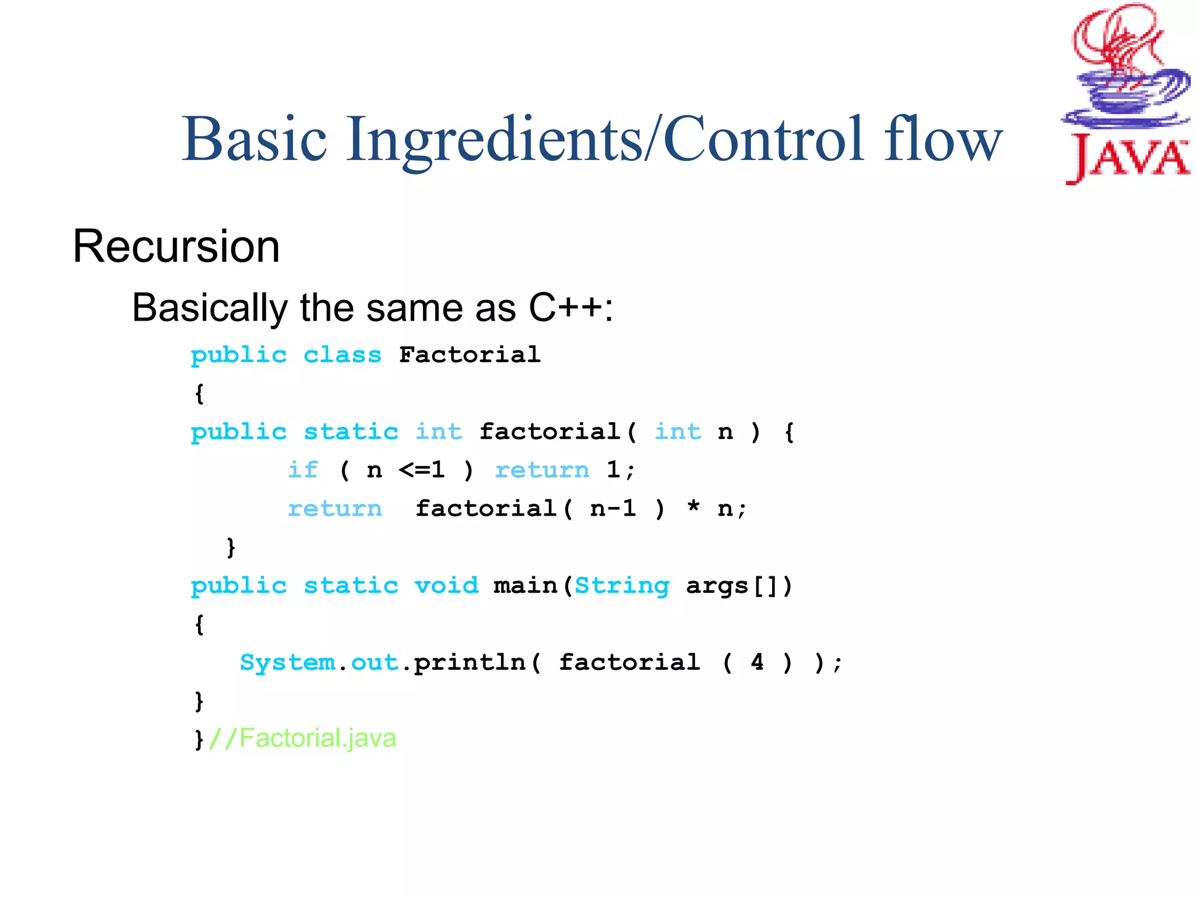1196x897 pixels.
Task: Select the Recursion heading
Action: tap(176, 246)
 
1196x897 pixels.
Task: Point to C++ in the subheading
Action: tap(565, 307)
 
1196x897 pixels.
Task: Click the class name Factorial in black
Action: tap(470, 354)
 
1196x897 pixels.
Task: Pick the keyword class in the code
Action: tap(342, 354)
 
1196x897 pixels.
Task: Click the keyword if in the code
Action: tap(303, 470)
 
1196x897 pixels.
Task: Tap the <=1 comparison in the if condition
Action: tap(422, 470)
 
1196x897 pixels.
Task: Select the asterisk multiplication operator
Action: tap(693, 507)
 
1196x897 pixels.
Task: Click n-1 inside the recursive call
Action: tap(613, 508)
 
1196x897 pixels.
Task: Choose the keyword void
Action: tap(446, 585)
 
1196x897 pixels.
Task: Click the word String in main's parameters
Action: tap(622, 585)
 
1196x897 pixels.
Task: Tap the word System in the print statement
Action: tap(287, 662)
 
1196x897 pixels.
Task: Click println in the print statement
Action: tap(470, 662)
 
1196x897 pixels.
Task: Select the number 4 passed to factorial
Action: tap(757, 662)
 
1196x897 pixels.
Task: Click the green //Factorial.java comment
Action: tap(303, 738)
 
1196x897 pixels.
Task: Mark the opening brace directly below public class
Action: tap(199, 394)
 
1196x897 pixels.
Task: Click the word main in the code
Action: tap(525, 585)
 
